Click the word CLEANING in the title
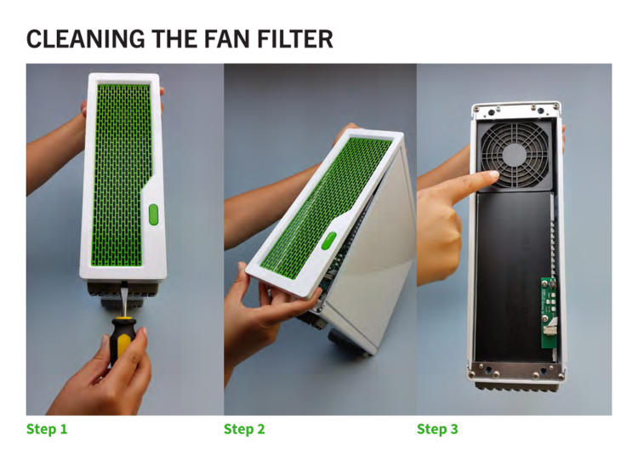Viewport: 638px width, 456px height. (85, 39)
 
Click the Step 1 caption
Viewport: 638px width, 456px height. (47, 429)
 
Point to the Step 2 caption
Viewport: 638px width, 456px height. (244, 429)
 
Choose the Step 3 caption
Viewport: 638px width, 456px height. (437, 429)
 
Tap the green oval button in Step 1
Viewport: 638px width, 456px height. (153, 214)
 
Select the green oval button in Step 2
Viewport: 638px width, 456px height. (328, 241)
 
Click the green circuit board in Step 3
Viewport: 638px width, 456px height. (549, 313)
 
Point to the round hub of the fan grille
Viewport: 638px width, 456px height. (515, 155)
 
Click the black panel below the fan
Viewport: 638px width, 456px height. (513, 276)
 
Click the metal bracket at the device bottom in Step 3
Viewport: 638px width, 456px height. (516, 371)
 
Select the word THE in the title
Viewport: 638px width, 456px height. (174, 39)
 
